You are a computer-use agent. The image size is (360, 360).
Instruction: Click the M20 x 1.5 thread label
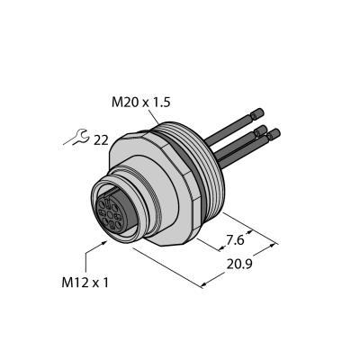point(140,103)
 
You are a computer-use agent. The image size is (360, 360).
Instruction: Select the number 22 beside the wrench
point(101,140)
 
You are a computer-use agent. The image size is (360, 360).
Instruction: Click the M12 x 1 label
point(85,283)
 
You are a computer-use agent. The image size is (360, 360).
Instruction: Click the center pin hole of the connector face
point(110,214)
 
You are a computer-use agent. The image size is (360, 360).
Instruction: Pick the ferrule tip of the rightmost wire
point(274,134)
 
